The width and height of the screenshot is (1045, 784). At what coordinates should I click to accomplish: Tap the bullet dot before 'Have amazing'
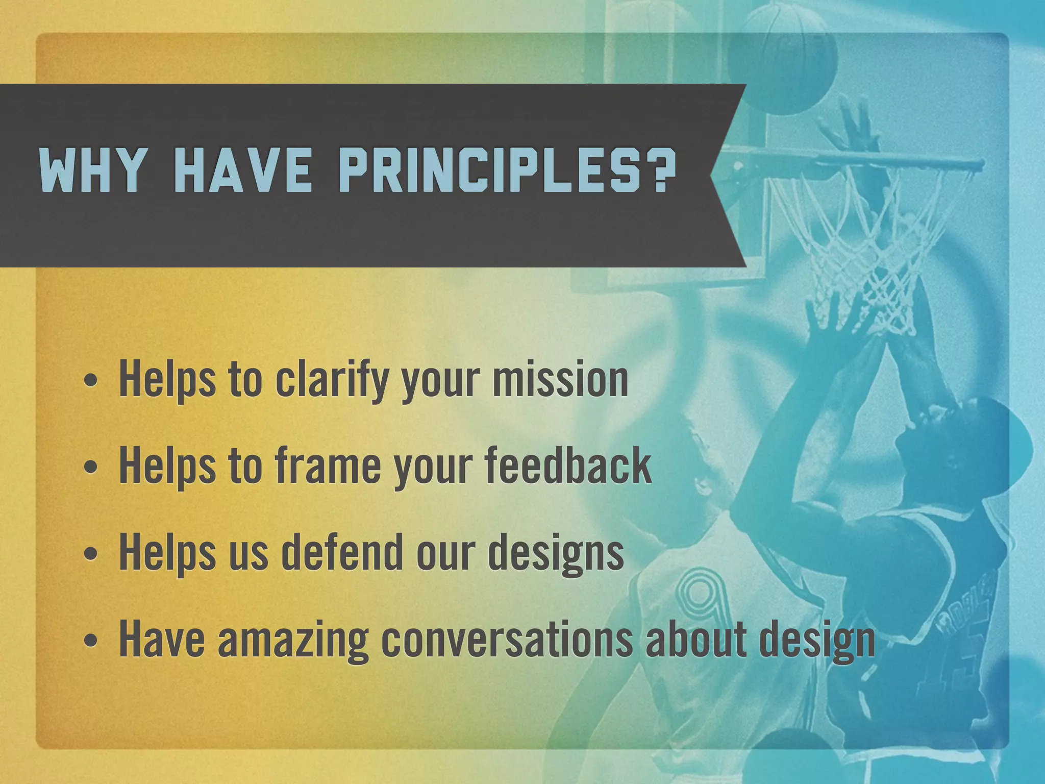(90, 642)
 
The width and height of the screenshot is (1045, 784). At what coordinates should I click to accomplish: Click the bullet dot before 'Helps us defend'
(90, 555)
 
